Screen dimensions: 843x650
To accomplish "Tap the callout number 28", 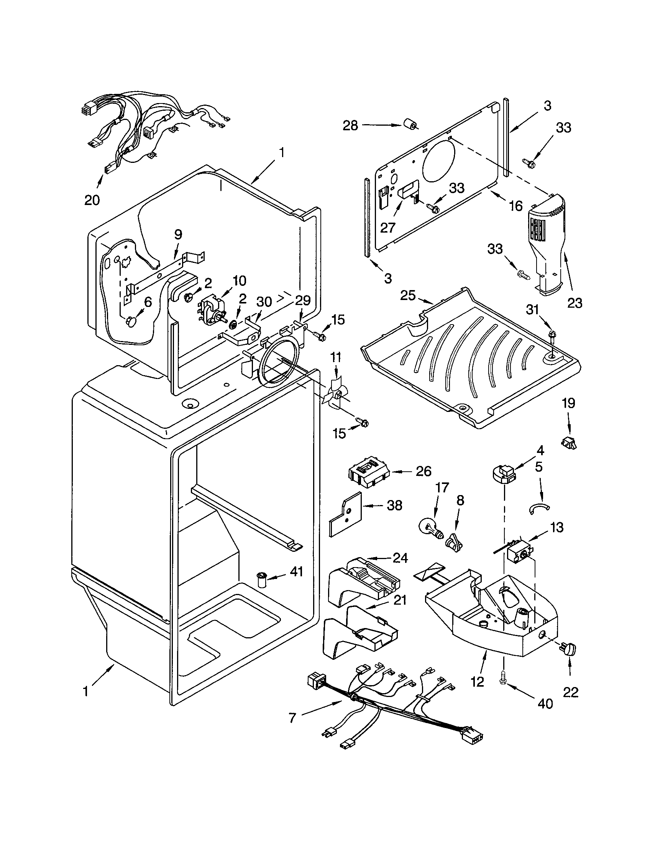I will [x=350, y=125].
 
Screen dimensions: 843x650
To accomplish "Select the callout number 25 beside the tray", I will [x=408, y=296].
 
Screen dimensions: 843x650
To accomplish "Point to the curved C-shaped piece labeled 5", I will [x=539, y=509].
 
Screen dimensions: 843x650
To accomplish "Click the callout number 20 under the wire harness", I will [x=92, y=200].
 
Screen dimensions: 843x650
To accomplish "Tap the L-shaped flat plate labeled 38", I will [x=345, y=515].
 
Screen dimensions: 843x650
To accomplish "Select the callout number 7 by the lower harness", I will [x=292, y=718].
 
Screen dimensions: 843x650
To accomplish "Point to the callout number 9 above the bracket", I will [x=178, y=234].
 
